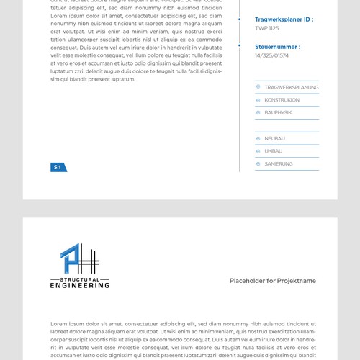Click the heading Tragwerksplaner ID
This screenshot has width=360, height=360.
coord(284,19)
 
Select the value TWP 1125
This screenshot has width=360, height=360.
coord(266,28)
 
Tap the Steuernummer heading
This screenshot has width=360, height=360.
coord(277,47)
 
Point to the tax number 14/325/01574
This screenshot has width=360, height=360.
coord(271,55)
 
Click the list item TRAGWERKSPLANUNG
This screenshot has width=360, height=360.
coord(291,87)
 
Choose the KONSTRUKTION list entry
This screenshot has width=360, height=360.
coord(282,100)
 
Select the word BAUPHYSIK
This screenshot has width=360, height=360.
coord(278,112)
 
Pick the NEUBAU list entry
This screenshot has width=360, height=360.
coord(274,138)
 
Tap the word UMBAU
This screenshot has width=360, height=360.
coord(273,151)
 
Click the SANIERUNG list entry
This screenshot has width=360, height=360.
coord(278,164)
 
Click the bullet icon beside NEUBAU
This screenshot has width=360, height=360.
coord(258,138)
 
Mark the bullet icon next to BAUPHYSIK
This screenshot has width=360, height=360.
coord(258,112)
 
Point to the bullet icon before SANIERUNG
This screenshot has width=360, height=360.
coord(258,164)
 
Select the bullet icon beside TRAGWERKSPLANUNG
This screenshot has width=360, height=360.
coord(258,87)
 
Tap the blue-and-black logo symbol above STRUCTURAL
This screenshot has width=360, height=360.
coord(79,260)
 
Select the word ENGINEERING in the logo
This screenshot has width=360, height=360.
coord(80,285)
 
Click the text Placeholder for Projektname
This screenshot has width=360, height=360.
coord(272,281)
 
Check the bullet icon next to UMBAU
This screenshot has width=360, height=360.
coord(258,151)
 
